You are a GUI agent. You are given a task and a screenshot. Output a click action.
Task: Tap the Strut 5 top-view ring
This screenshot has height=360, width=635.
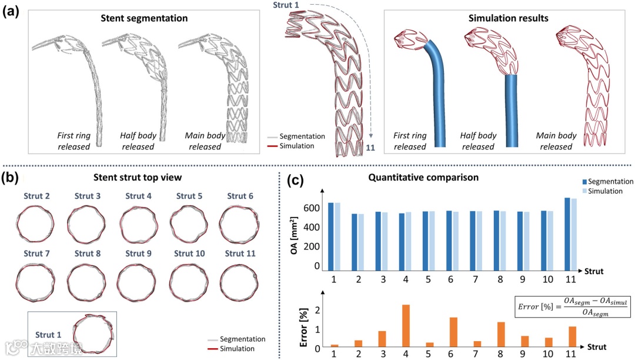coord(188,224)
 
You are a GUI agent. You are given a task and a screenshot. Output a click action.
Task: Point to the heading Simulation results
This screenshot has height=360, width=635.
coord(508,18)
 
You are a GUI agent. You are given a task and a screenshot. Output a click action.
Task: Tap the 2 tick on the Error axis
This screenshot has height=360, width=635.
coord(317,311)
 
